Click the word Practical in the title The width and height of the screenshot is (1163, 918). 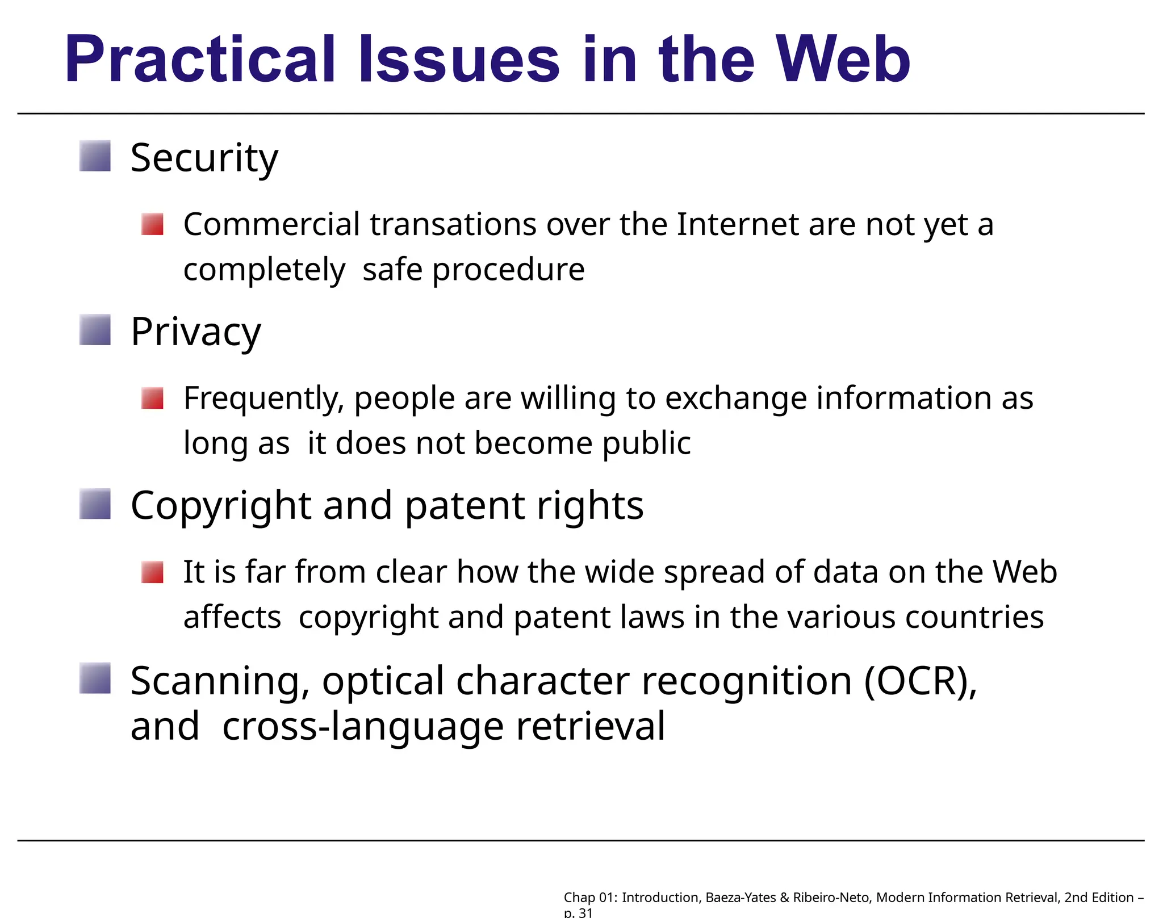click(x=200, y=60)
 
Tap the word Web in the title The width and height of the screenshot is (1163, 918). click(x=843, y=59)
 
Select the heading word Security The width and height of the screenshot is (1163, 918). click(x=204, y=158)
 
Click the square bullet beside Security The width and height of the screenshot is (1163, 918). click(x=95, y=156)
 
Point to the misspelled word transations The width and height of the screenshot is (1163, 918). click(x=453, y=224)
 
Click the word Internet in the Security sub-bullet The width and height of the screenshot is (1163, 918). click(x=738, y=224)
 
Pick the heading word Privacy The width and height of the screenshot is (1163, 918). click(x=196, y=332)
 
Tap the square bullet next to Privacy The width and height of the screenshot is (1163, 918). click(x=95, y=330)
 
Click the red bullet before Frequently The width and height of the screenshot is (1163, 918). click(x=152, y=398)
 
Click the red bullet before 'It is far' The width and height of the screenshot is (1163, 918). click(x=152, y=572)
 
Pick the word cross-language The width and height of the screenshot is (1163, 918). click(x=363, y=726)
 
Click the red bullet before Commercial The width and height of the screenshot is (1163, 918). click(x=152, y=224)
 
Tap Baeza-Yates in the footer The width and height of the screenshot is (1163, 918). click(x=741, y=898)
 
